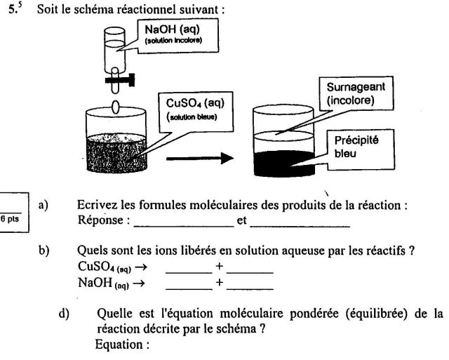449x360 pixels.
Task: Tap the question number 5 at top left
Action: coord(22,13)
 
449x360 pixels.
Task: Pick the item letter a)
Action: coord(44,206)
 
